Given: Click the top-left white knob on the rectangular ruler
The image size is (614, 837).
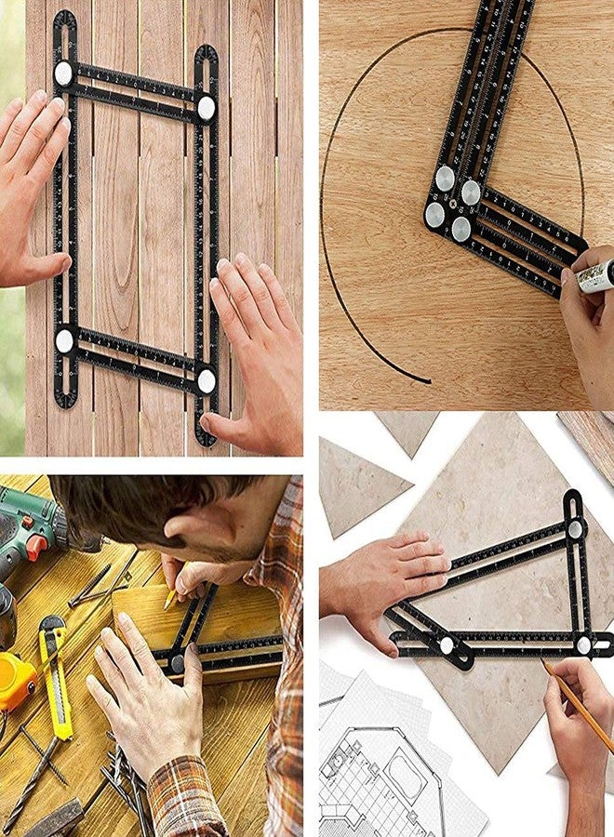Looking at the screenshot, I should (x=63, y=73).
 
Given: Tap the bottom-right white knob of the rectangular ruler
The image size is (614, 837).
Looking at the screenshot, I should (x=207, y=379).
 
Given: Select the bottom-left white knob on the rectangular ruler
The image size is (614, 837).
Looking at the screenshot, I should (x=64, y=339).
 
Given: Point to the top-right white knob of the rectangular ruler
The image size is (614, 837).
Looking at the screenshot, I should (x=206, y=108).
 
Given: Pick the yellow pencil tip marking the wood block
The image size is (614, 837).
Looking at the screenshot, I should (x=169, y=602).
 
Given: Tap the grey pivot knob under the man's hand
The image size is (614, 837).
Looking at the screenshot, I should (x=177, y=663).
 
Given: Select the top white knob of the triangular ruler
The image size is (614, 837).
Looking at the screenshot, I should (x=575, y=529).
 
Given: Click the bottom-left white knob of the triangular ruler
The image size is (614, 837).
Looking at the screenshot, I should (x=447, y=644).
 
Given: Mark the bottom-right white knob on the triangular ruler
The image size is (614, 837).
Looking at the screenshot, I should (x=583, y=643).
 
